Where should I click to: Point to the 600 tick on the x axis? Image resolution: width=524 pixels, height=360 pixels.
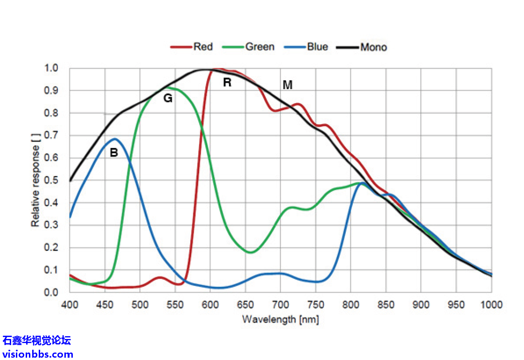[210, 305]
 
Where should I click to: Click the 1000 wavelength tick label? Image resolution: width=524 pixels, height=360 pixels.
[492, 305]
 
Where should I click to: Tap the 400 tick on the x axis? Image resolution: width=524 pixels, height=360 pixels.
[70, 305]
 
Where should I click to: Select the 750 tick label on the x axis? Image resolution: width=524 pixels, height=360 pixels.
[315, 305]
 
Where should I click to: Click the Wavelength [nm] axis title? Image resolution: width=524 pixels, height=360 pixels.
[280, 319]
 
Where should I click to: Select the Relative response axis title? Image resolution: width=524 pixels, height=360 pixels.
[35, 180]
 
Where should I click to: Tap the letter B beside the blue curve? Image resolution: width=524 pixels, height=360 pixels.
[113, 152]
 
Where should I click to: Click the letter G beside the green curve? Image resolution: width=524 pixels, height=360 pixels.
[168, 98]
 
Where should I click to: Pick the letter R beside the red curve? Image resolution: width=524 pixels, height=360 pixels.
[227, 83]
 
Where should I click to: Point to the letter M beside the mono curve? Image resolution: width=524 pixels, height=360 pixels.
[287, 85]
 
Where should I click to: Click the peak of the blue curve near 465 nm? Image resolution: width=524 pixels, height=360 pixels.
[114, 139]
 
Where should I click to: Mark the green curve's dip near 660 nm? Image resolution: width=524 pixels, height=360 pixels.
[251, 252]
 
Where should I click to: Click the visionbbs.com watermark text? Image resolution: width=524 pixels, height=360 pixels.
[37, 354]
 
